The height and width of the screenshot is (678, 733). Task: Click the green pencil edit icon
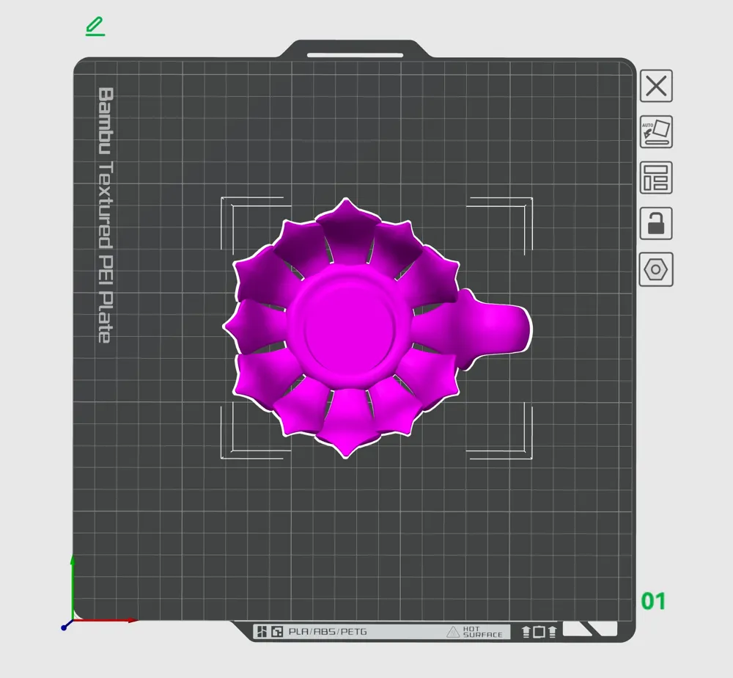tap(95, 26)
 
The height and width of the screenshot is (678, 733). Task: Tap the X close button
tap(656, 86)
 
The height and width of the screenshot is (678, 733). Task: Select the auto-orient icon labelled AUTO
tap(656, 131)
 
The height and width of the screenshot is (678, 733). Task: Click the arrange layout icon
tap(656, 178)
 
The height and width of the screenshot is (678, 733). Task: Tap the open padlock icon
tap(656, 223)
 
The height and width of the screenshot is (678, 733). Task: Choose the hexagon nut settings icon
tap(656, 269)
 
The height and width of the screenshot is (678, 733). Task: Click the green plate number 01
tap(653, 601)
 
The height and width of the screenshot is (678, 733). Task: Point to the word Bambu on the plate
tap(106, 121)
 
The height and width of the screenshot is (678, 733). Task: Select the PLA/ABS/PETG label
tap(327, 632)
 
